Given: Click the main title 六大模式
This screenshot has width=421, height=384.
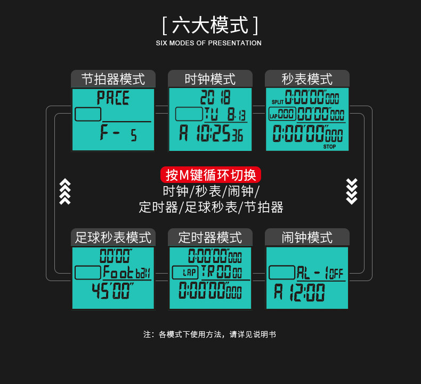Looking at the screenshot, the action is coord(210,25).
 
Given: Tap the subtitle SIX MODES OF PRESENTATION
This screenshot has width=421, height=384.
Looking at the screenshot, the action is coord(208,43).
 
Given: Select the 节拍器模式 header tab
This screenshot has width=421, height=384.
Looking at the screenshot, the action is coord(113,79).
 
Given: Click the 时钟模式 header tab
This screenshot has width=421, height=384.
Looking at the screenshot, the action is coord(210,79).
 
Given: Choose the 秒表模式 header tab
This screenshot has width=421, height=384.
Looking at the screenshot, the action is coord(307,79).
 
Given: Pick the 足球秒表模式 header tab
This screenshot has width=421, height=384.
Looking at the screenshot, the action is coord(113,237).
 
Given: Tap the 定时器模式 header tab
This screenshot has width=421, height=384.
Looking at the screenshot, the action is coord(210,237).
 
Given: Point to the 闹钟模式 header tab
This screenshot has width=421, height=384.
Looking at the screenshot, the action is coord(307,237).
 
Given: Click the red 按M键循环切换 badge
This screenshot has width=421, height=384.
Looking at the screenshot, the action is coord(210,175).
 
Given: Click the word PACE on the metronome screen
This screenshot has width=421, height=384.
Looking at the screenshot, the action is coord(113,98).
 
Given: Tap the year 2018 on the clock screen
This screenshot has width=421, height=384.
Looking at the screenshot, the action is coord(215,98).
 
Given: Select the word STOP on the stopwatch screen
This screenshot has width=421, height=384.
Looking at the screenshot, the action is coord(329,146).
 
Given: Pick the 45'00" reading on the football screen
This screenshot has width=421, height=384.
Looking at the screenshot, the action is coord(112,292).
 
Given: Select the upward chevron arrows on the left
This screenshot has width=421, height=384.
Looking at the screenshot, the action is coord(64,191).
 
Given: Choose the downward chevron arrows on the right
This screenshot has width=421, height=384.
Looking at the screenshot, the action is coord(352,191).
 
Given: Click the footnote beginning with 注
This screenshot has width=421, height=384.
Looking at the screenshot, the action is coord(209,334).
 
